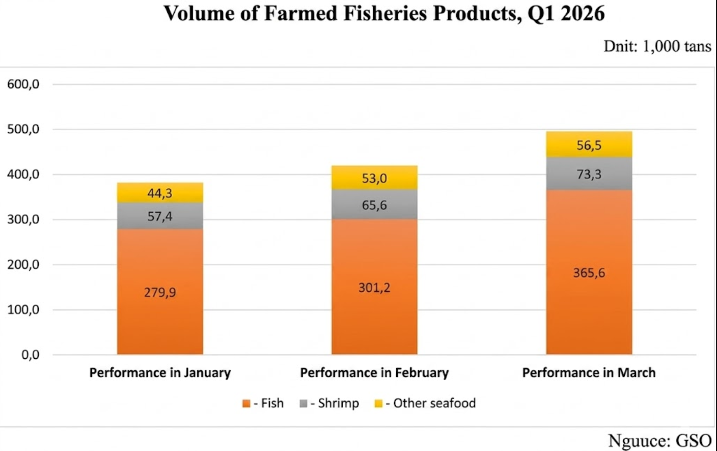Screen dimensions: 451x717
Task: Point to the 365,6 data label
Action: (x=589, y=273)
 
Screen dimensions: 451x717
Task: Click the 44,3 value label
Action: (x=160, y=193)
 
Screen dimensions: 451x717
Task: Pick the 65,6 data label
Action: (x=374, y=205)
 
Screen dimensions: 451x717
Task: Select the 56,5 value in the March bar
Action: (x=589, y=146)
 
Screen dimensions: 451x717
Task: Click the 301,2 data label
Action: (x=374, y=288)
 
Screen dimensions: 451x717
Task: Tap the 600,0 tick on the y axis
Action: (x=23, y=84)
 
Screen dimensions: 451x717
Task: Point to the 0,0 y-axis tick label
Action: (x=30, y=355)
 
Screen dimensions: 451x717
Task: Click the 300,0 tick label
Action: (x=23, y=219)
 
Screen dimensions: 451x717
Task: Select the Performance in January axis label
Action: (x=160, y=373)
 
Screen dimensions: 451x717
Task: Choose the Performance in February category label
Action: (x=374, y=373)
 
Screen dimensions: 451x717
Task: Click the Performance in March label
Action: (x=589, y=373)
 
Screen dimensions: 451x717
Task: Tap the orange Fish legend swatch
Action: (x=246, y=404)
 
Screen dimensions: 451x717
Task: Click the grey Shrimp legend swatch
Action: (x=304, y=404)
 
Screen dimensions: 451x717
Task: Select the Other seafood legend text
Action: (x=434, y=403)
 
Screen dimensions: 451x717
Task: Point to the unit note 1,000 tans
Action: (x=677, y=46)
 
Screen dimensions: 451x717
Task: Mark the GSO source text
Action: (x=693, y=440)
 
